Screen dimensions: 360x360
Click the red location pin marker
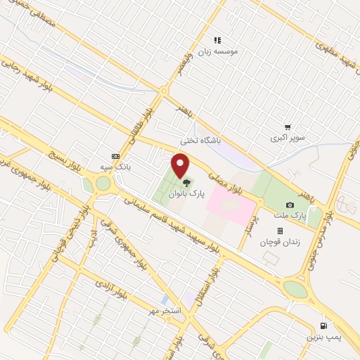tap(181, 166)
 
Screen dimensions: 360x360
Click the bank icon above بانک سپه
tap(115, 156)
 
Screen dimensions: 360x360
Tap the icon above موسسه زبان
tap(217, 40)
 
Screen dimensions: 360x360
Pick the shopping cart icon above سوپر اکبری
tap(288, 127)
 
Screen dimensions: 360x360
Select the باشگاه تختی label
tap(200, 141)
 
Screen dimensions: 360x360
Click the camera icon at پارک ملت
tap(290, 205)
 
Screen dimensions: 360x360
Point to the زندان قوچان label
tap(280, 242)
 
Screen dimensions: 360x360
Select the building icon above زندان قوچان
tap(280, 231)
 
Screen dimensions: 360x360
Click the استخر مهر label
tap(167, 310)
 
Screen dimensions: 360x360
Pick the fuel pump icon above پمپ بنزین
tap(323, 326)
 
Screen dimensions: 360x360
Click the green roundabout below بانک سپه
tap(103, 184)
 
